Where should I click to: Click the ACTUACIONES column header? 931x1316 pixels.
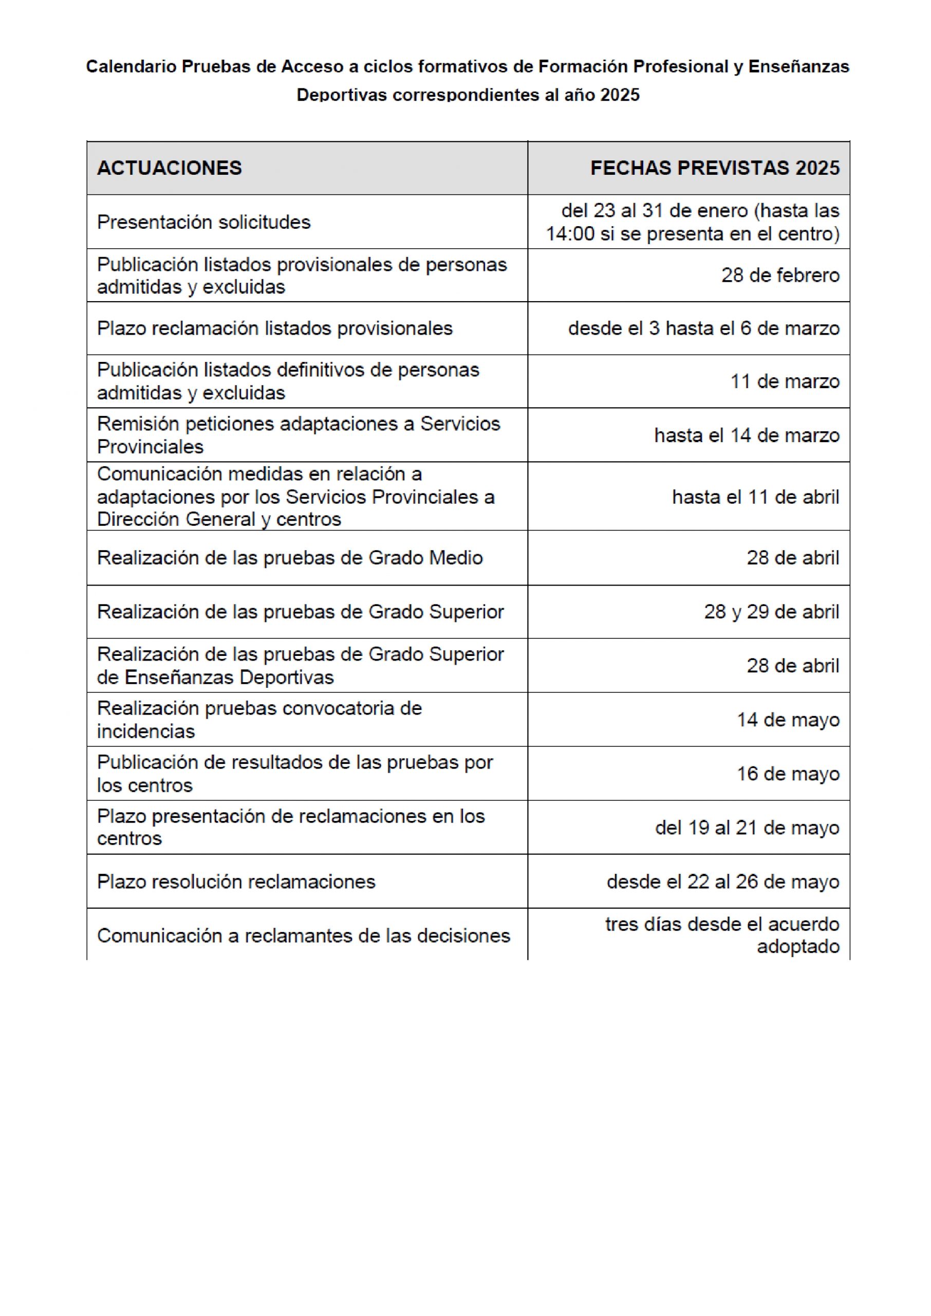click(169, 168)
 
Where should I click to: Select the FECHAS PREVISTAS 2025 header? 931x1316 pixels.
click(714, 168)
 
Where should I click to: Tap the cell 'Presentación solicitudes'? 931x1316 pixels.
click(203, 222)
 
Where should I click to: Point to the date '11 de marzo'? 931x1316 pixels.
click(784, 381)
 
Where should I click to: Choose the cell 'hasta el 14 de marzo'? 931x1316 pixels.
click(747, 435)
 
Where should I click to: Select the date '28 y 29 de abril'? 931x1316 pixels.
click(771, 612)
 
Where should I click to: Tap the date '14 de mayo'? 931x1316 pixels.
click(788, 720)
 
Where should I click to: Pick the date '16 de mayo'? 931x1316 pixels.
click(788, 774)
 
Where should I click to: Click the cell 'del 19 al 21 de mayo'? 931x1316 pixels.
click(747, 828)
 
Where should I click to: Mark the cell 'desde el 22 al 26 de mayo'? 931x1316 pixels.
click(722, 881)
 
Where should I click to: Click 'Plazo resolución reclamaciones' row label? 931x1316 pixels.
click(236, 881)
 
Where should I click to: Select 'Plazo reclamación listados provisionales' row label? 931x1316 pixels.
click(274, 328)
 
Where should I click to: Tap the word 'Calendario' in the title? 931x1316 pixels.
click(132, 67)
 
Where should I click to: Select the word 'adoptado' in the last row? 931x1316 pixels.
click(797, 947)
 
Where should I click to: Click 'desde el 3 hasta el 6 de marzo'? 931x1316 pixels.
click(703, 328)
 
